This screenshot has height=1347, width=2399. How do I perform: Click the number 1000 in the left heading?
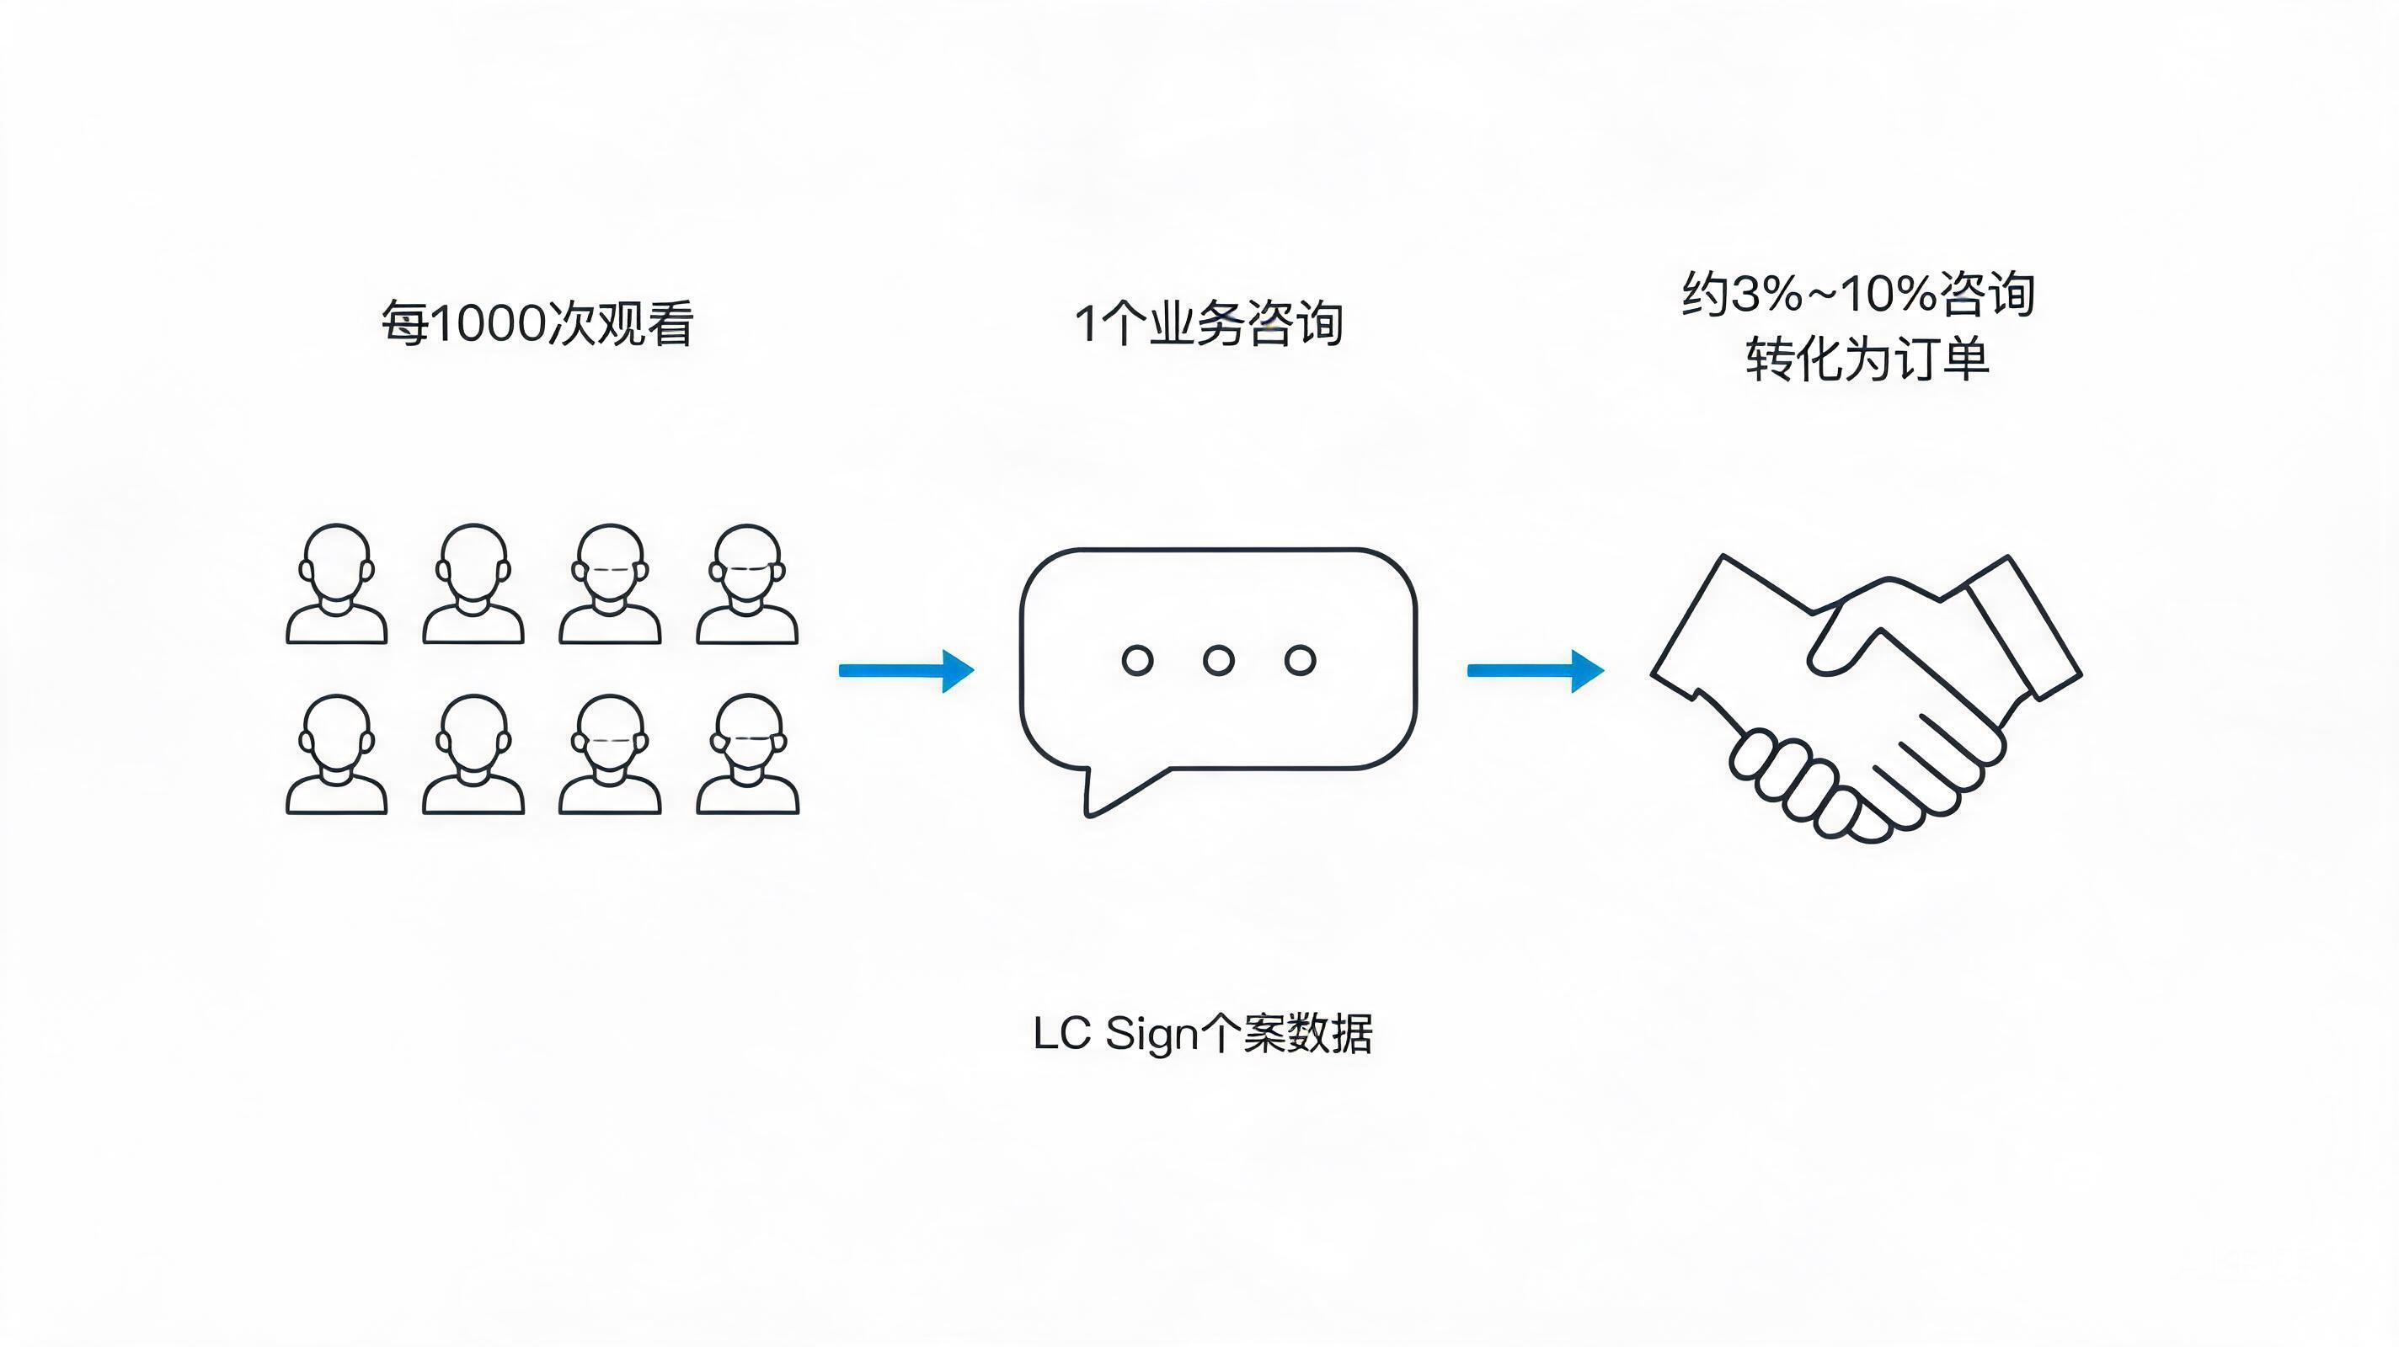coord(488,324)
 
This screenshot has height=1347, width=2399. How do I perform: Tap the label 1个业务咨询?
coord(1209,324)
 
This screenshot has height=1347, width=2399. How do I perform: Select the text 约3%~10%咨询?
coord(1859,294)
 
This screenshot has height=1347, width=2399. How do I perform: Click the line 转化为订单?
coord(1868,359)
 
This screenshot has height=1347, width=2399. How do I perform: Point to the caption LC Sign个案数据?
coord(1202,1033)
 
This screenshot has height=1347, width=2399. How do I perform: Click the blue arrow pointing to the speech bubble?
coord(906,670)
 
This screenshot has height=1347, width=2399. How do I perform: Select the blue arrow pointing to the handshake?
coord(1536,670)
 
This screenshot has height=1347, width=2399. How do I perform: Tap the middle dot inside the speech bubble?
coord(1218,660)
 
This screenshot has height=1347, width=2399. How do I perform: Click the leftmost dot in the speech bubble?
coord(1137,660)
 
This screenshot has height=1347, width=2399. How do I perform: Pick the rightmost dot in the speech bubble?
coord(1300,660)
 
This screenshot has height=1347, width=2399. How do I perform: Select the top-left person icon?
coord(336,583)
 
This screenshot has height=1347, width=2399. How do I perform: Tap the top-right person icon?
coord(747,583)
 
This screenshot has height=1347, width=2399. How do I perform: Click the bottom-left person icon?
coord(336,754)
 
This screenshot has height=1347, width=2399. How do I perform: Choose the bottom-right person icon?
coord(747,754)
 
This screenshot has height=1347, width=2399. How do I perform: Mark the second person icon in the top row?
coord(473,583)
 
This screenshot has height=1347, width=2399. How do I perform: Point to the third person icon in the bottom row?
coord(610,754)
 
